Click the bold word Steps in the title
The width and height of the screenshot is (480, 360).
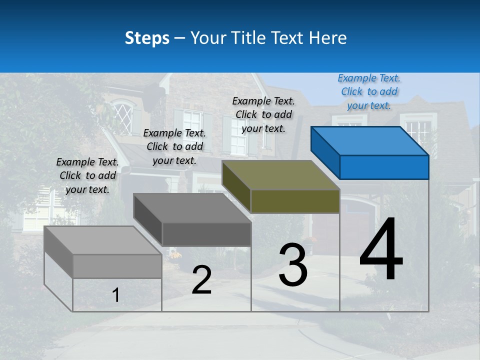[x=146, y=38]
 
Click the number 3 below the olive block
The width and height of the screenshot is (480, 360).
[x=293, y=265]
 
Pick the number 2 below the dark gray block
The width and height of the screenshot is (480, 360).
[x=201, y=279]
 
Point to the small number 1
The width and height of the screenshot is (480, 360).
[x=115, y=295]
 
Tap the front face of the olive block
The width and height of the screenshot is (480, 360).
[x=295, y=200]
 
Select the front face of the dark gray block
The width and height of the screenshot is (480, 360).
[x=206, y=234]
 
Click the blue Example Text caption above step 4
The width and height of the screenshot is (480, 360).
[x=369, y=91]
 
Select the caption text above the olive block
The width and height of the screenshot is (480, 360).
[x=263, y=114]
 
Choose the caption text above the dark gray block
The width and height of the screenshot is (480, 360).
[x=174, y=146]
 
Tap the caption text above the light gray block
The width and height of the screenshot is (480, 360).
[x=87, y=175]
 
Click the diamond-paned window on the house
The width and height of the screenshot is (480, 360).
[x=123, y=118]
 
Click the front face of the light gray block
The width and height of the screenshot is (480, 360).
[x=117, y=266]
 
